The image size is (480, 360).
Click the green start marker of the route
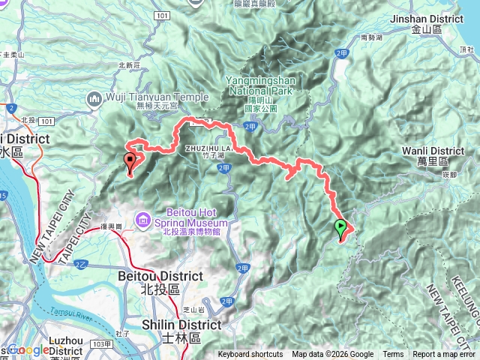(x=341, y=226)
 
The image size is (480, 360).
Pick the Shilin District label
(x=182, y=325)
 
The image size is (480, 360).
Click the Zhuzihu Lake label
(x=207, y=148)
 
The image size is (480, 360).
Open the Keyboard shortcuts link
(x=252, y=355)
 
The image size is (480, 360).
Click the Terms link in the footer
(x=393, y=355)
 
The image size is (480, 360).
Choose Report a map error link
(x=444, y=355)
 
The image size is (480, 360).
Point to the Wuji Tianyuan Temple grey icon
(x=95, y=97)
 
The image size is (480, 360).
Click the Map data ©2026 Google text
(x=333, y=355)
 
